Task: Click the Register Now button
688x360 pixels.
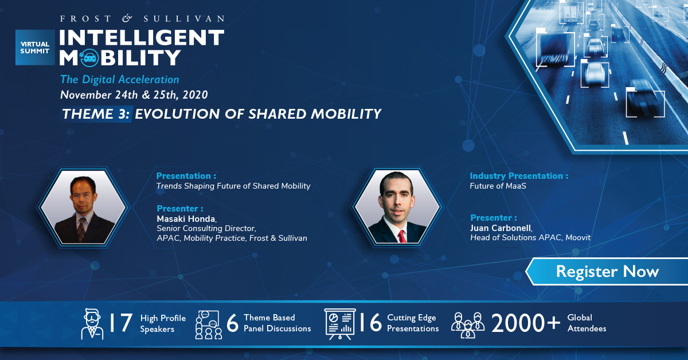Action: [607, 272]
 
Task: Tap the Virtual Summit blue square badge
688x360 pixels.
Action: [35, 48]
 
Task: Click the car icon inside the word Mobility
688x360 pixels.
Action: [89, 57]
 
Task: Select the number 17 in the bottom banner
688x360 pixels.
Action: [121, 323]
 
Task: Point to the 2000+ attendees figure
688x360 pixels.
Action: [526, 323]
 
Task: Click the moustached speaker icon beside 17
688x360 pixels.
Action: [92, 324]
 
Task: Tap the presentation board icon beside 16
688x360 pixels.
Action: [339, 324]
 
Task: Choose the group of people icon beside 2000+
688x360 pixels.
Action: [468, 325]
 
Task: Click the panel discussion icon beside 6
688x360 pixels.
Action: [209, 325]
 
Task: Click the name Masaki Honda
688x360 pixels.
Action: [186, 219]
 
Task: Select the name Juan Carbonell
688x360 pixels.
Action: [501, 228]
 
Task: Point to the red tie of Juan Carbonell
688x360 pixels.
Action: [401, 236]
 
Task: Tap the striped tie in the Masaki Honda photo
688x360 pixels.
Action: [81, 229]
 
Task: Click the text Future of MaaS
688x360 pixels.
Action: [498, 186]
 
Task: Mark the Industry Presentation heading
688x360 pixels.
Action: [519, 176]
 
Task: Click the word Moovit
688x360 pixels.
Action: [578, 237]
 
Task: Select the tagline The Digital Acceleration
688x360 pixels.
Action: [119, 80]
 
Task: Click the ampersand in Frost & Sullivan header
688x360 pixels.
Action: [127, 18]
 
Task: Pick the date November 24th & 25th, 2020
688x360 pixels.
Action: [134, 95]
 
